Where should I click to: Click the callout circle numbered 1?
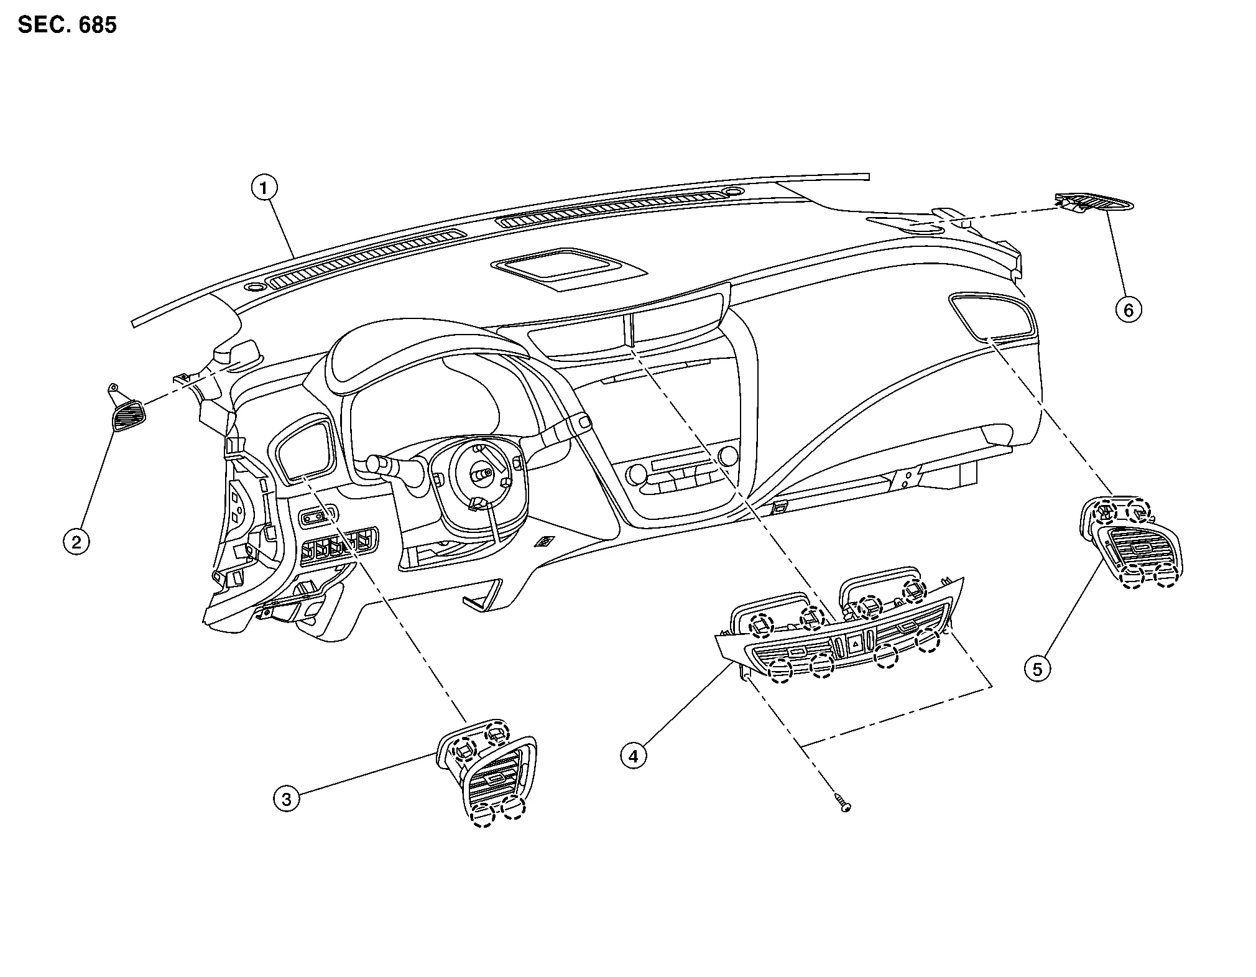pos(264,187)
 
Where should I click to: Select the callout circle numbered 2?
pos(76,542)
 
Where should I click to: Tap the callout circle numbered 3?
pos(287,799)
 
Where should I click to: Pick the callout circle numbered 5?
pos(1037,669)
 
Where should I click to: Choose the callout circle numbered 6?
pos(1129,309)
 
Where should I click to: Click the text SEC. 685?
pos(67,25)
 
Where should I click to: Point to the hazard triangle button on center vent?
pos(856,645)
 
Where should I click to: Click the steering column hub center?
pos(481,474)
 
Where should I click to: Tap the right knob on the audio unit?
pos(726,456)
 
